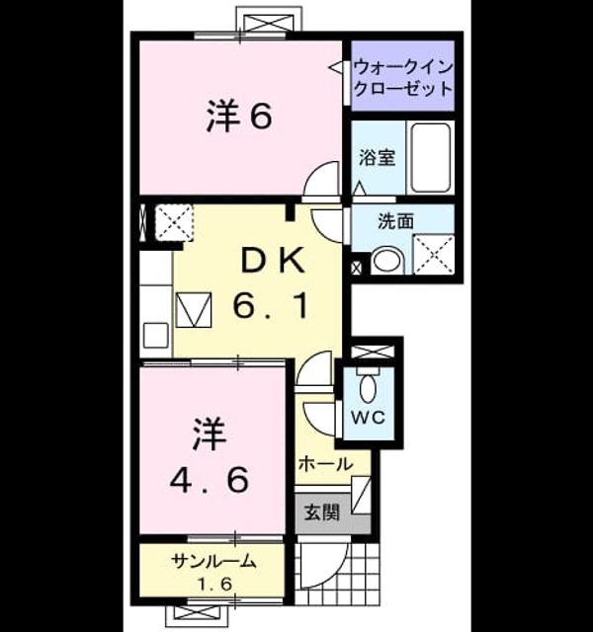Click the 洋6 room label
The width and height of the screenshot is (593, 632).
[x=239, y=117]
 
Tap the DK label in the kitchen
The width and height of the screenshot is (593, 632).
[x=273, y=261]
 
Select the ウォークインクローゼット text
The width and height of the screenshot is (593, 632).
[x=402, y=77]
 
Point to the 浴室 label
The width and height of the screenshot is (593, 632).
[x=377, y=158]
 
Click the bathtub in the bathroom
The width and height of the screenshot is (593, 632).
[x=431, y=158]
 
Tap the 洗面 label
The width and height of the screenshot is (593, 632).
[x=395, y=221]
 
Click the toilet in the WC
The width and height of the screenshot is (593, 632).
[x=368, y=388]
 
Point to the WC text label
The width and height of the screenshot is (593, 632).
[x=368, y=417]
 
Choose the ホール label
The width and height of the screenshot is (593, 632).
[x=326, y=464]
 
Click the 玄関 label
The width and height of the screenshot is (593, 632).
[x=321, y=513]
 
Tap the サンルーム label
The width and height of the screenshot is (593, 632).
[x=213, y=561]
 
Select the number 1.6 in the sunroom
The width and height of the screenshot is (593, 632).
[x=213, y=584]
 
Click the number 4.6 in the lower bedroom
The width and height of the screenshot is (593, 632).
[x=209, y=480]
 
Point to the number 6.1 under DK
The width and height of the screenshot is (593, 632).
[x=272, y=306]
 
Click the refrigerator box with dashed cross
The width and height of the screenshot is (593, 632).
[x=174, y=223]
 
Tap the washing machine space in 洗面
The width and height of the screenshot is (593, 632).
[x=434, y=255]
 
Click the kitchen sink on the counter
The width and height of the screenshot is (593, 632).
[x=156, y=335]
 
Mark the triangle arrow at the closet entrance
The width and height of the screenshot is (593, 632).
[x=336, y=67]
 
